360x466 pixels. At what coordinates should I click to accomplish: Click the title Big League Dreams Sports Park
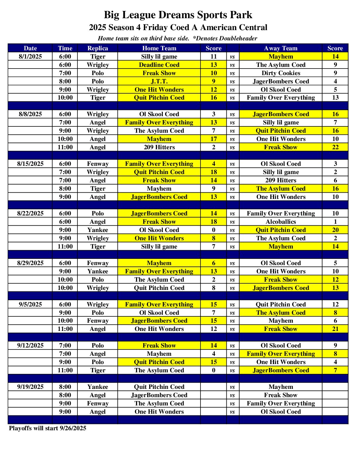point(178,15)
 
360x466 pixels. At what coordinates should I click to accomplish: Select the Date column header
point(30,48)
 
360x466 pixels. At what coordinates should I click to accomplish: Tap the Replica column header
point(98,48)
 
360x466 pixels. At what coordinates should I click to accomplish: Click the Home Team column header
point(159,48)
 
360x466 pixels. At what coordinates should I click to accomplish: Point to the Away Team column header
point(281,48)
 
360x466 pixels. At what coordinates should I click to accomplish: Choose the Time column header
point(65,48)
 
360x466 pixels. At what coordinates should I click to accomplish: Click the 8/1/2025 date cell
point(30,57)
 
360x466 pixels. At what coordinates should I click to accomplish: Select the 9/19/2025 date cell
point(30,387)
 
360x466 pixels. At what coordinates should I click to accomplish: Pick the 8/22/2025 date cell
point(30,213)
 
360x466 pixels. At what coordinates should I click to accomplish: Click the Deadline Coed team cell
point(159,65)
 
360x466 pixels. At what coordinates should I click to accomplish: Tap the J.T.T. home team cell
point(159,81)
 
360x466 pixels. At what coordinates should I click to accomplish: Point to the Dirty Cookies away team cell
point(281,73)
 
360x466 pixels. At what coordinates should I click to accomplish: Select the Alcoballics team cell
point(281,222)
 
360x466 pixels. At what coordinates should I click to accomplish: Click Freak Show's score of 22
point(335,147)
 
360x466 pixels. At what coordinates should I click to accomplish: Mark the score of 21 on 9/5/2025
point(335,329)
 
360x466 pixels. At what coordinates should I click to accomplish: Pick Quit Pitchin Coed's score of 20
point(335,230)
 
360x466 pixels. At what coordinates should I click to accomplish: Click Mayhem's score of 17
point(213,139)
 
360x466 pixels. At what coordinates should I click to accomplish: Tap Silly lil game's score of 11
point(213,57)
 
